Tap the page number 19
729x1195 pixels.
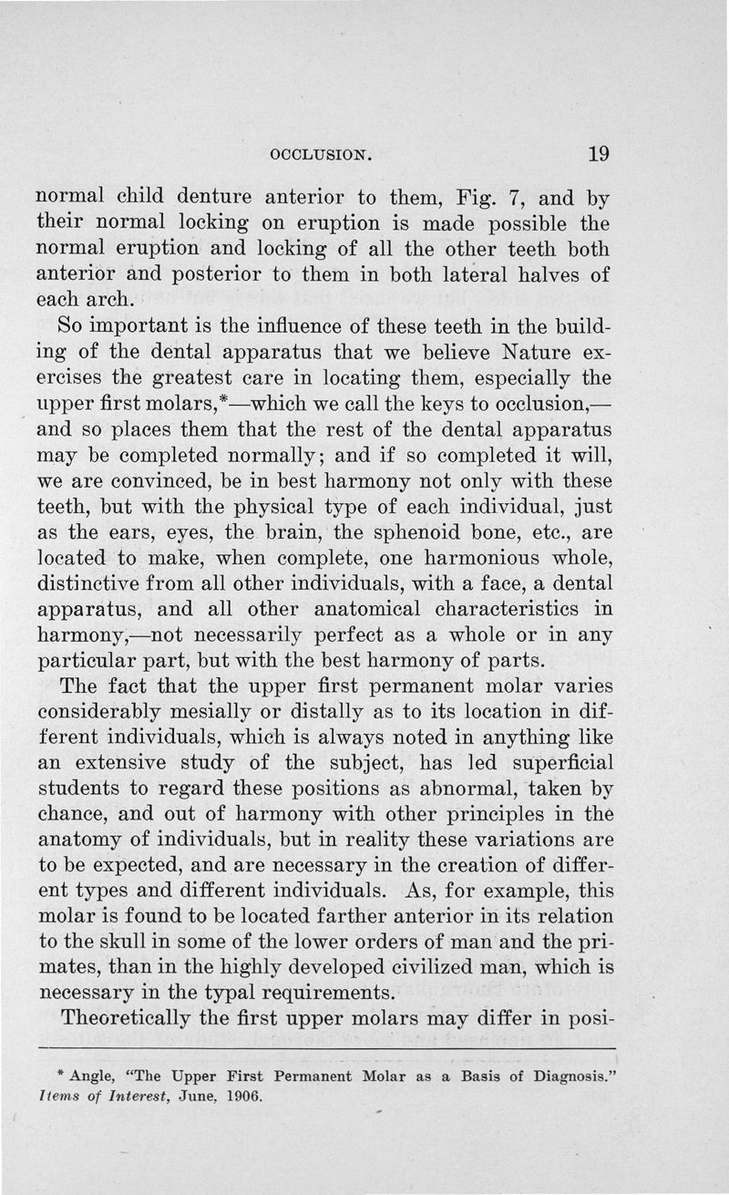[x=598, y=153]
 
